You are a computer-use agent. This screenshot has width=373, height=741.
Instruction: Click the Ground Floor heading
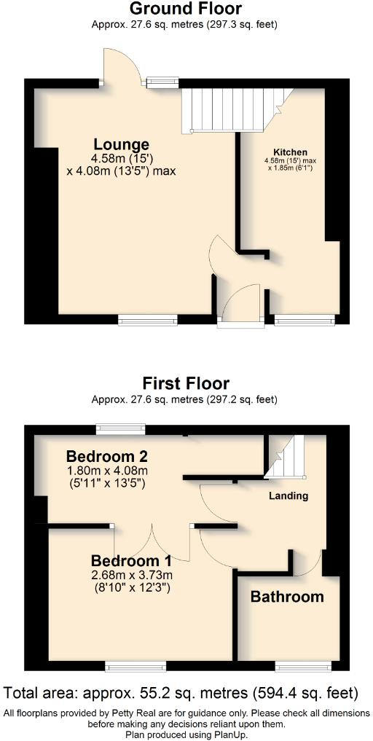click(185, 9)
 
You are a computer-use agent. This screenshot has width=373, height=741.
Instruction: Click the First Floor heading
click(186, 383)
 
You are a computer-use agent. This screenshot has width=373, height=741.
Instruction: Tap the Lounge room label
click(121, 144)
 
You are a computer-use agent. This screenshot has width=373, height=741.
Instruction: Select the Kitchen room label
click(291, 152)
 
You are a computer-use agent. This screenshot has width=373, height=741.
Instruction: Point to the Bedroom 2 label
click(107, 456)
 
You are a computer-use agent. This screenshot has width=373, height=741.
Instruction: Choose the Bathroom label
click(287, 597)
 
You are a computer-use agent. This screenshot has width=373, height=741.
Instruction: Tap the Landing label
click(289, 496)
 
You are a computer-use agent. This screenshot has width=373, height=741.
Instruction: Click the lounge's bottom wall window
click(148, 318)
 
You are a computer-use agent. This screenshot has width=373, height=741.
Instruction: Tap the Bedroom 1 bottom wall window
click(136, 666)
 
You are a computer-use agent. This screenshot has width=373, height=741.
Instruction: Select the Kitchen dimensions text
click(291, 164)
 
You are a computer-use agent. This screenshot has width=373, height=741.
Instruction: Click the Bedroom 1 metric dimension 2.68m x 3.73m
click(131, 575)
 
